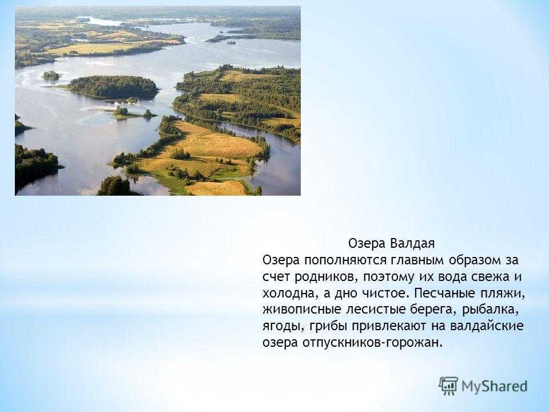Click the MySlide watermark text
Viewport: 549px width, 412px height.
(495, 385)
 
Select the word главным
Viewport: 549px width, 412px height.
(406, 261)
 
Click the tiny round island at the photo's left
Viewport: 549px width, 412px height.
(51, 75)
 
